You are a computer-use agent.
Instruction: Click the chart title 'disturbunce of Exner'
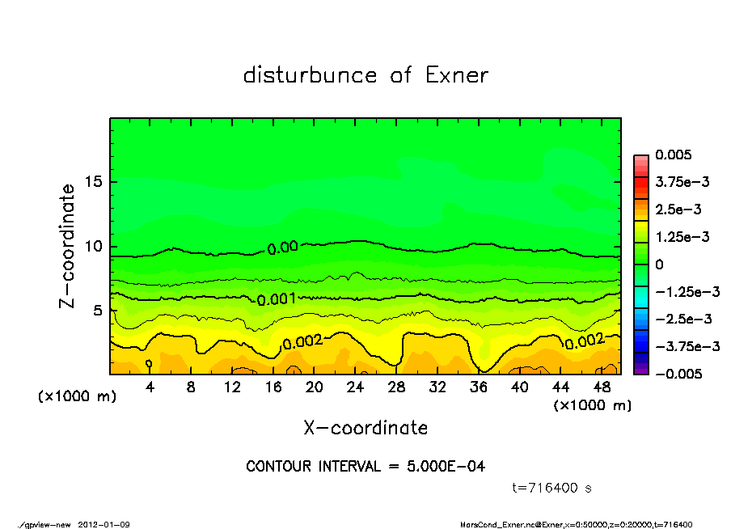[365, 76]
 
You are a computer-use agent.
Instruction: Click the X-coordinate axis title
[365, 427]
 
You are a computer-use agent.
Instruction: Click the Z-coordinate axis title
[68, 245]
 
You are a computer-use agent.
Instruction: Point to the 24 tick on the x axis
[356, 387]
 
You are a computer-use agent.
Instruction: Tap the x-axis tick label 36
[479, 387]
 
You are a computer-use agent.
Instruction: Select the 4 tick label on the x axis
[150, 387]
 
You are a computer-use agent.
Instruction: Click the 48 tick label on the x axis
[602, 387]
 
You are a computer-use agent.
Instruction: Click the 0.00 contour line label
[282, 248]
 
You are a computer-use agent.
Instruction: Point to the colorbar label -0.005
[678, 374]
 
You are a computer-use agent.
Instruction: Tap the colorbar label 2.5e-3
[678, 209]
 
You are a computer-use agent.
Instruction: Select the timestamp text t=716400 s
[553, 488]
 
